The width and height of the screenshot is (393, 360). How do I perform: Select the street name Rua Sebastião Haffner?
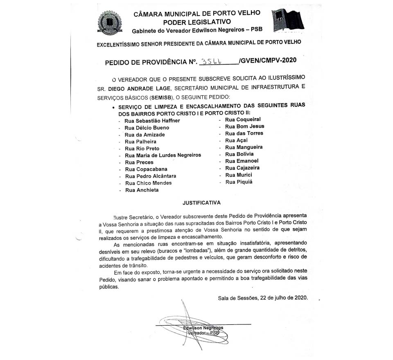coord(152,121)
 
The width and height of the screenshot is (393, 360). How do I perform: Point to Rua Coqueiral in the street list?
coord(243,119)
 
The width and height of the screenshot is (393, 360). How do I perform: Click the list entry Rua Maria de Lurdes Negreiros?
coord(163,155)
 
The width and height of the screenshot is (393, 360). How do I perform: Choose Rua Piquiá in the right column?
coord(239,182)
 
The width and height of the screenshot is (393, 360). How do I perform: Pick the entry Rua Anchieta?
coord(142,190)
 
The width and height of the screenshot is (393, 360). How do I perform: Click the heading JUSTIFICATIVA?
coord(202,202)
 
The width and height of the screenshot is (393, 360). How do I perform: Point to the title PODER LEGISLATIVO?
coord(196,22)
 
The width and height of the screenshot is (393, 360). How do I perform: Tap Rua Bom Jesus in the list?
coord(245,126)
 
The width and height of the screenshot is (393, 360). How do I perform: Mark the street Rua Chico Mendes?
coord(148,183)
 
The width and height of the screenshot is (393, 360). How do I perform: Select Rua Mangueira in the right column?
coord(244,147)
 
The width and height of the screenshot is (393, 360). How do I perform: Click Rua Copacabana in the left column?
coord(146,169)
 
